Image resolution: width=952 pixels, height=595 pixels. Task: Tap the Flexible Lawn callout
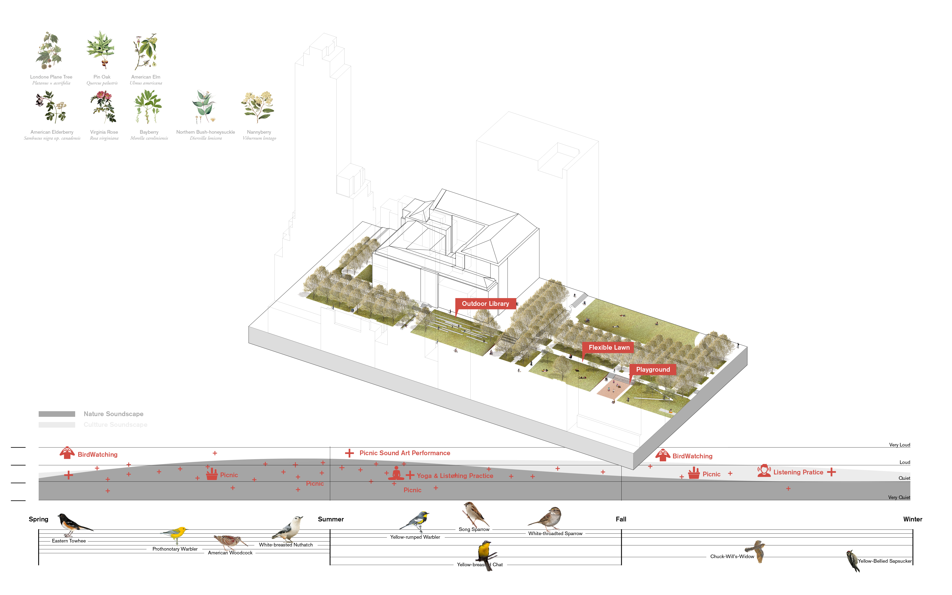point(608,347)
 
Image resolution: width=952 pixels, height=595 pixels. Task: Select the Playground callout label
point(653,369)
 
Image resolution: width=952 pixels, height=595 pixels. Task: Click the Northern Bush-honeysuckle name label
point(205,132)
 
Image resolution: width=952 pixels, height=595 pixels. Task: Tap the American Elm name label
point(146,77)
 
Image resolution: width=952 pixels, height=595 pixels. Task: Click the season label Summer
point(330,519)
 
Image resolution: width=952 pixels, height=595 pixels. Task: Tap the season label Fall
point(621,519)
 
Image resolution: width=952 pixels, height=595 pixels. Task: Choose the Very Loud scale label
point(899,445)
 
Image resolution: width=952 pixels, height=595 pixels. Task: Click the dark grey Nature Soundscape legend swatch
point(57,414)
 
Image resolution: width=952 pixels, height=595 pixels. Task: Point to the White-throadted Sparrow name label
point(555,534)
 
